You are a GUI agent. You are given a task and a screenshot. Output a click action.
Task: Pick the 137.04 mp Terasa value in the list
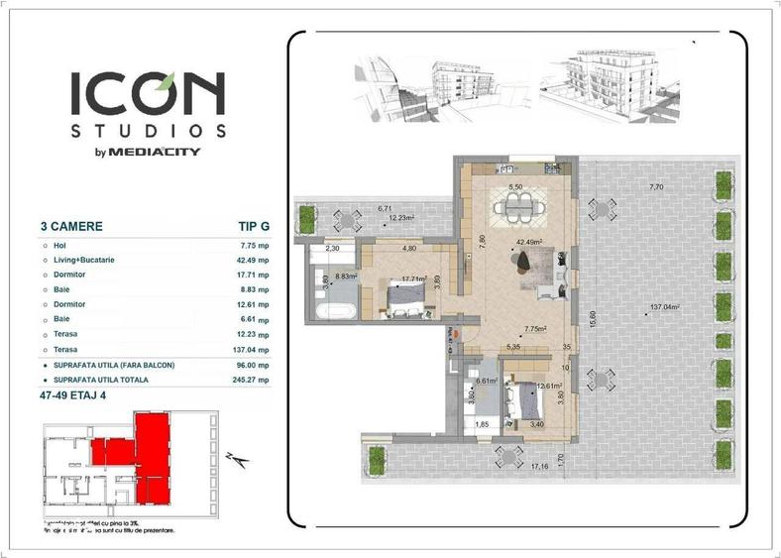[248, 350]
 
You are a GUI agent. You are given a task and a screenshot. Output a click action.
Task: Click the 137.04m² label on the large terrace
[664, 307]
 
